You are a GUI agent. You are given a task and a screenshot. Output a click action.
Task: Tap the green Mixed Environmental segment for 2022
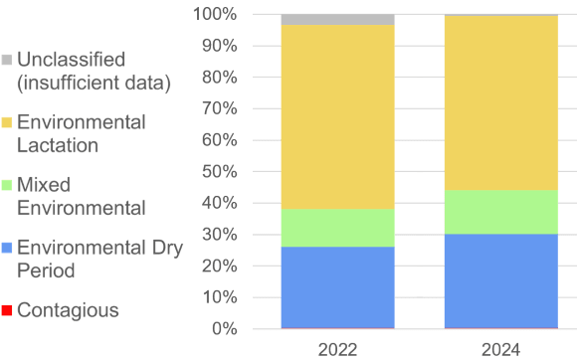pyautogui.click(x=337, y=228)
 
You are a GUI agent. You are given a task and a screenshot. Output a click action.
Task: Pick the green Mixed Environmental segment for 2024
pyautogui.click(x=500, y=212)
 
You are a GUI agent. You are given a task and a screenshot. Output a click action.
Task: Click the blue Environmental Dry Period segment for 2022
pyautogui.click(x=337, y=287)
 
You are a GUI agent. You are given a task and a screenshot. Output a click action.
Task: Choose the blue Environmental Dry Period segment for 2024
pyautogui.click(x=500, y=280)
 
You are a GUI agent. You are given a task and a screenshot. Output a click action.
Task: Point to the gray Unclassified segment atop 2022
pyautogui.click(x=337, y=20)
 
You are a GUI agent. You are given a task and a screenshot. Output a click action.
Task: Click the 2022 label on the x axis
pyautogui.click(x=337, y=348)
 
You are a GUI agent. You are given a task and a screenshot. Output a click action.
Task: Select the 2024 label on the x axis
pyautogui.click(x=500, y=348)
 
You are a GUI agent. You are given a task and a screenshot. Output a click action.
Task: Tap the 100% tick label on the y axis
pyautogui.click(x=215, y=14)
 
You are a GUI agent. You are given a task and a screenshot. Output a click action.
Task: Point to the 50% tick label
pyautogui.click(x=219, y=171)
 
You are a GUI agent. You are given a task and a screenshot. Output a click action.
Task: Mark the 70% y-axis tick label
pyautogui.click(x=219, y=108)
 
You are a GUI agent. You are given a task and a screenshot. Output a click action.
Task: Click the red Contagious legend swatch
pyautogui.click(x=7, y=311)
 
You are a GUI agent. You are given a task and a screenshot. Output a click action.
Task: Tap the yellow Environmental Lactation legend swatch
pyautogui.click(x=7, y=123)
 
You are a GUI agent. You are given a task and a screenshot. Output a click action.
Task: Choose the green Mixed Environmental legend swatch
pyautogui.click(x=7, y=186)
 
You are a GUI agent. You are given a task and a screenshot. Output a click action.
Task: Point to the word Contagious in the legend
pyautogui.click(x=68, y=310)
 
